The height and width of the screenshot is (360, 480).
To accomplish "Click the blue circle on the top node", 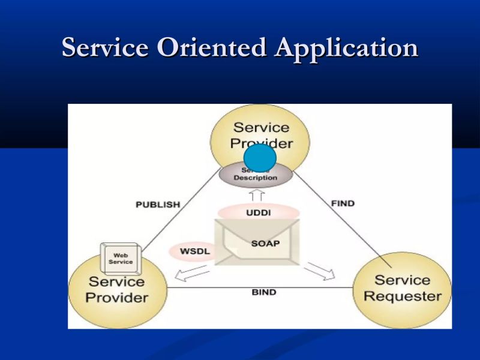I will tap(260, 158).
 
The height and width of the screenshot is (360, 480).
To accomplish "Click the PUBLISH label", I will tap(158, 204).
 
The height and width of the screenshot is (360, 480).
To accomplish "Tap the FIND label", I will tap(343, 203).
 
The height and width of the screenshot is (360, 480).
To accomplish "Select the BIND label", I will tap(263, 292).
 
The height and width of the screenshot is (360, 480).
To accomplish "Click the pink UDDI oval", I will tap(258, 212).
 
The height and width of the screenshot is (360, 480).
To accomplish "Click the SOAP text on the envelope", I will tap(265, 244).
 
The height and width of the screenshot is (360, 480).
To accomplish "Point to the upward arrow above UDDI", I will tap(257, 196).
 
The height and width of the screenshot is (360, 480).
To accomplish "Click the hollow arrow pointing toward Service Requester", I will tap(320, 271).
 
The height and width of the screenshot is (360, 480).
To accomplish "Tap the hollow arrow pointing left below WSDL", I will tap(191, 274).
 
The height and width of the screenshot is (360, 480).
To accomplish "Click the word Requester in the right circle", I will tap(402, 296).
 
